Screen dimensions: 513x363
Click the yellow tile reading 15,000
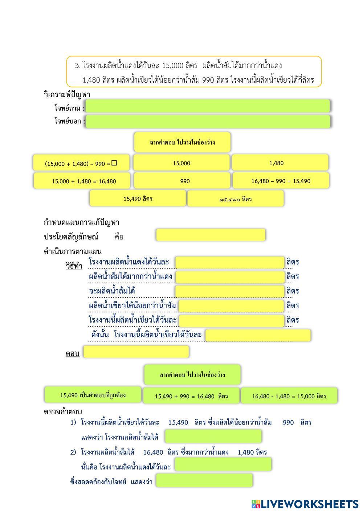(181, 163)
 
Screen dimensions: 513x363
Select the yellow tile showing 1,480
(280, 163)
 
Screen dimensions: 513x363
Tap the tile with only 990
(182, 181)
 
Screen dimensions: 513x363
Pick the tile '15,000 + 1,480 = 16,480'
(82, 181)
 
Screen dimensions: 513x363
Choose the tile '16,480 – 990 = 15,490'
(281, 181)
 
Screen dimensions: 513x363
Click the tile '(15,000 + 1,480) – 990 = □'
(82, 163)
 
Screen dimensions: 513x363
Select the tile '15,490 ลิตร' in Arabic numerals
(138, 198)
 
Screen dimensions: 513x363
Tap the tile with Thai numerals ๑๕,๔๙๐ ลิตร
(235, 199)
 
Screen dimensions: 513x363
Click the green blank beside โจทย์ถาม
(208, 106)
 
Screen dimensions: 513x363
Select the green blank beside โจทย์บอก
(208, 122)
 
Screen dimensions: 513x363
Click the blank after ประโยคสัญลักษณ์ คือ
(211, 235)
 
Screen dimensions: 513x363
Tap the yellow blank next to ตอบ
(136, 352)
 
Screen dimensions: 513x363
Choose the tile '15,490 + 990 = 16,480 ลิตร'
(191, 396)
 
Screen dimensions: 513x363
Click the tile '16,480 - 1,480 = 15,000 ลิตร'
(289, 396)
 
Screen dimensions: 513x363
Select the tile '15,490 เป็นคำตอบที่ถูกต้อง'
(93, 395)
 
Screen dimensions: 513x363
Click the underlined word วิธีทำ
(74, 266)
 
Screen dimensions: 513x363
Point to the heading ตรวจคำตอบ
(63, 411)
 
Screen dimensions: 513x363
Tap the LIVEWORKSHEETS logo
(305, 504)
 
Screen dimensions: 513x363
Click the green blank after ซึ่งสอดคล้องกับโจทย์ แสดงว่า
(204, 481)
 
